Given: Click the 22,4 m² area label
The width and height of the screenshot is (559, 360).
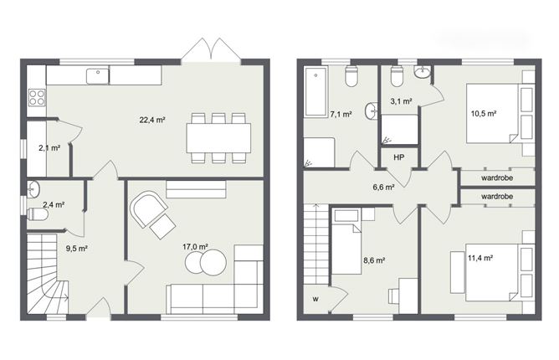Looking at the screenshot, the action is (152, 120).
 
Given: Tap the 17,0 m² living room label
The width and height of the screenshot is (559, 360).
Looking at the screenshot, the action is (195, 246).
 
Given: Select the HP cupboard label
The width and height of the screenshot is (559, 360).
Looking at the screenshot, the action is (399, 157).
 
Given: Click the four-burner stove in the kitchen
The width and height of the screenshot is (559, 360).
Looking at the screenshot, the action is (37, 97).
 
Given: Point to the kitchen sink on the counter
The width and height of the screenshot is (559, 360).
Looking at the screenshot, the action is (97, 76).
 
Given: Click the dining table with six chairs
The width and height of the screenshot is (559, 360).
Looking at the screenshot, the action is (218, 138).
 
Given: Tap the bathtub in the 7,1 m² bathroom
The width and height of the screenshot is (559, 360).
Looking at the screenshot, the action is (315, 92).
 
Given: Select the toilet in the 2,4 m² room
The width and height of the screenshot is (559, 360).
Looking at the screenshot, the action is (38, 214).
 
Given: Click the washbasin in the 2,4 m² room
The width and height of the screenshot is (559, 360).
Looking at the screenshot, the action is (33, 189).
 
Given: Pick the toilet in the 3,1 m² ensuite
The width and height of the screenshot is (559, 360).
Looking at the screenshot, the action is (397, 76).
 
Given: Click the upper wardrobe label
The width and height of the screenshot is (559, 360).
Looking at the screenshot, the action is (497, 177).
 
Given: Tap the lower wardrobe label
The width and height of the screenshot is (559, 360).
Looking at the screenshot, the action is (497, 196).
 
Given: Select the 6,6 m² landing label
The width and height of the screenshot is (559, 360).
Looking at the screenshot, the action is (383, 187).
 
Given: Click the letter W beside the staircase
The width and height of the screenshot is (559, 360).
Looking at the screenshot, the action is (315, 300).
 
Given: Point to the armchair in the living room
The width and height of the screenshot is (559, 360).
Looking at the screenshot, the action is (149, 209).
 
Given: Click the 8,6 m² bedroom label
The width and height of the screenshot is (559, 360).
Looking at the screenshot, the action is (374, 260).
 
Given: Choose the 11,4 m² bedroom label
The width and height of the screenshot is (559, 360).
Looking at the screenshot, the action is (480, 258).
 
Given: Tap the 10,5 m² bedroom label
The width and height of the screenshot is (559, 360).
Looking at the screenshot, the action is (484, 114).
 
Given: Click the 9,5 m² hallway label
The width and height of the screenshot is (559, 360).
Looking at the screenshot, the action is (77, 249).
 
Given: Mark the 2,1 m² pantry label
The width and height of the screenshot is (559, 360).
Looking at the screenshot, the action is (49, 147).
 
